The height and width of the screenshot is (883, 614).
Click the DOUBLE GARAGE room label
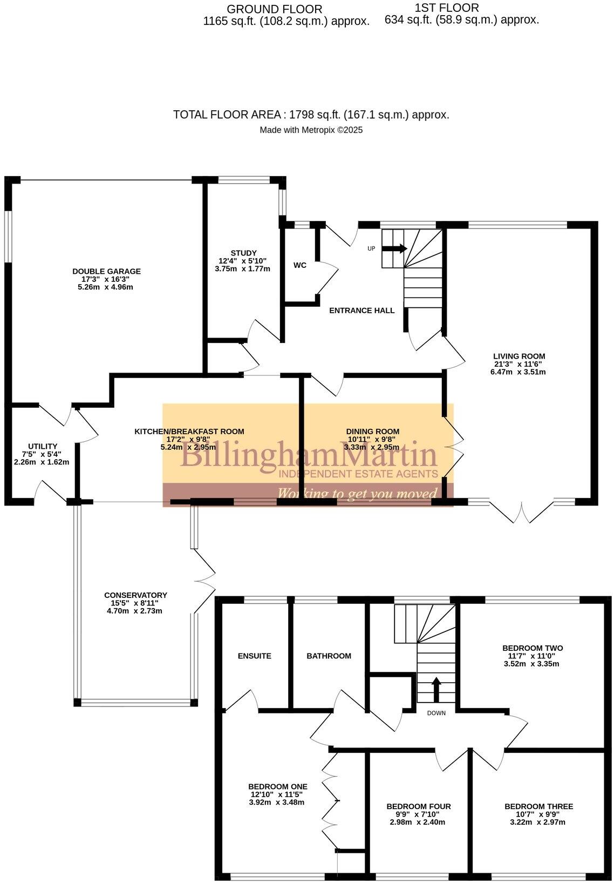[106, 272]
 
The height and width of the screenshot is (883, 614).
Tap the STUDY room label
[243, 253]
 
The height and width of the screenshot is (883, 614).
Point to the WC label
[300, 265]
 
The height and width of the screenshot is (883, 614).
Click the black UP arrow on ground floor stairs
[394, 248]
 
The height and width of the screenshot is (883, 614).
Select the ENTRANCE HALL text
[361, 311]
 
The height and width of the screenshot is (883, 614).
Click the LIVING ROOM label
[519, 356]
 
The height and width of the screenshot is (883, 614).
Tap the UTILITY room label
[43, 446]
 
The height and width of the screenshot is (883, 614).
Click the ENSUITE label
[254, 656]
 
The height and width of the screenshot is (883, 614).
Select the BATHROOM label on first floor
[329, 656]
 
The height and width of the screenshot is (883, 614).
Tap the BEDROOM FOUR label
[418, 806]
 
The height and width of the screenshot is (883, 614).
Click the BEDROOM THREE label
[538, 806]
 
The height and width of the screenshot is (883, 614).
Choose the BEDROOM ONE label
[277, 786]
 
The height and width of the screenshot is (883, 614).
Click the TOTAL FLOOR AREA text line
[311, 115]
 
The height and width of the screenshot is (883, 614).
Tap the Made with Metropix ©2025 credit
[311, 130]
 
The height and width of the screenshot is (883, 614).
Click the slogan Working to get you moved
[357, 494]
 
